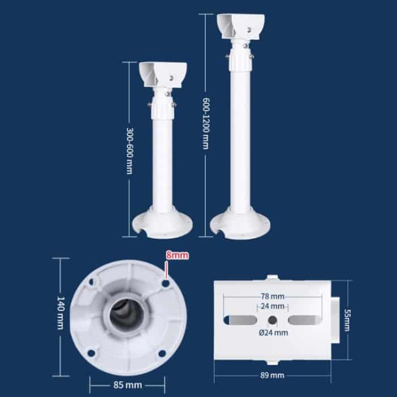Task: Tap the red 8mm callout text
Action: tap(176, 256)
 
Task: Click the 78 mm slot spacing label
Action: tap(273, 296)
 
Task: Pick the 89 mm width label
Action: tap(273, 375)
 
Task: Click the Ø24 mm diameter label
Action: tap(274, 333)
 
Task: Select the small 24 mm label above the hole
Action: tap(273, 306)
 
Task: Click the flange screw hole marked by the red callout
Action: tap(165, 283)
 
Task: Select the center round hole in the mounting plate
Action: tap(273, 320)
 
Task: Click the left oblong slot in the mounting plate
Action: tap(241, 320)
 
